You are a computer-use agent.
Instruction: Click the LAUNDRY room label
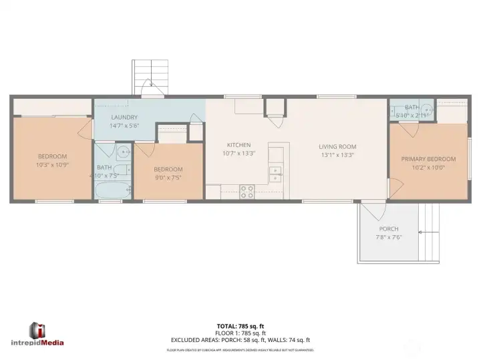click(x=124, y=117)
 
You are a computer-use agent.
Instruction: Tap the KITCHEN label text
click(x=238, y=145)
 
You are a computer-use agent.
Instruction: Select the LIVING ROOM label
click(x=337, y=147)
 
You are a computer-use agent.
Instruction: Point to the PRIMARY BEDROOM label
click(x=428, y=159)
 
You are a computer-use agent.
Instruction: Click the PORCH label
click(x=388, y=229)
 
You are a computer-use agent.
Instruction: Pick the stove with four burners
click(x=247, y=192)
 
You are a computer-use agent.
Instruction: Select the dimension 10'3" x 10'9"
click(x=52, y=164)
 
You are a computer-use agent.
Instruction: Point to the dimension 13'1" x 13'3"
click(x=337, y=155)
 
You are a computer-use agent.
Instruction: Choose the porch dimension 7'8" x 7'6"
click(x=388, y=237)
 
